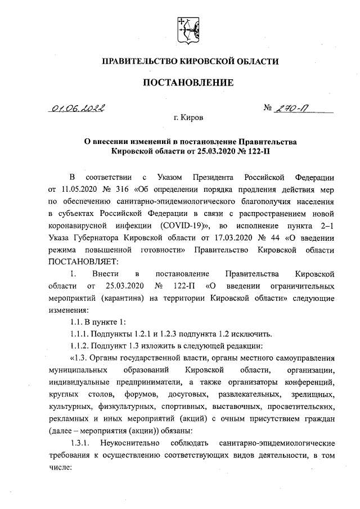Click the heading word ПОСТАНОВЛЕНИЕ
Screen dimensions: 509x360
click(x=187, y=82)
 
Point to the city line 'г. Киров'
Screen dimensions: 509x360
click(x=188, y=120)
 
